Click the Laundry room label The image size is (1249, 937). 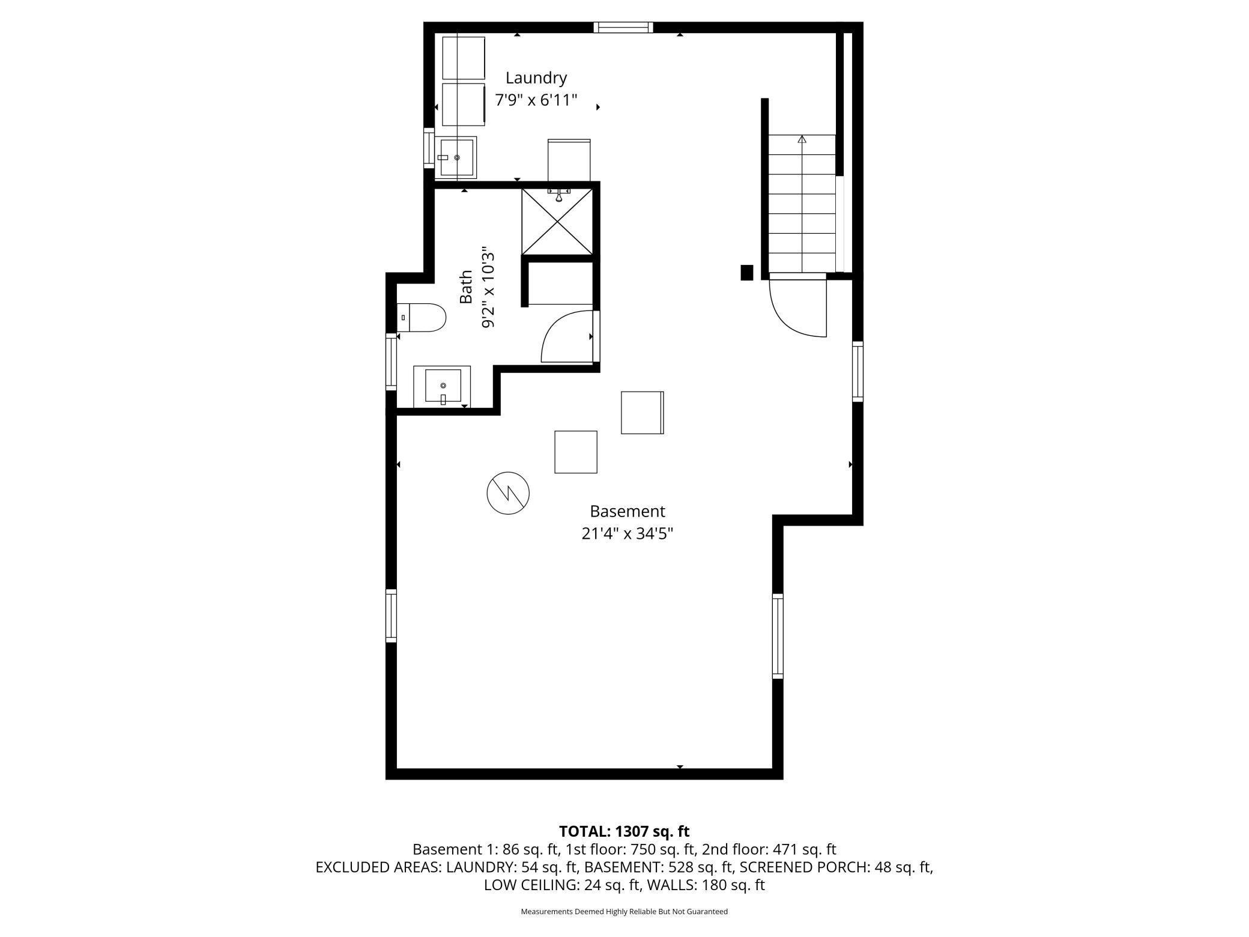pos(536,79)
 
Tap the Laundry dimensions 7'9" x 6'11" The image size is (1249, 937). pos(536,100)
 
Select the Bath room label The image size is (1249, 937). pos(466,287)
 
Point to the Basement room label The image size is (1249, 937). pos(628,511)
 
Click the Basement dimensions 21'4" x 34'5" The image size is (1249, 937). pos(628,533)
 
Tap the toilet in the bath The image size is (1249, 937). pos(422,317)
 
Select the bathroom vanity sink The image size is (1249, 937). pos(443,386)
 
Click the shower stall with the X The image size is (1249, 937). pos(558,220)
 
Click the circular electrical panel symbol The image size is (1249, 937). pos(508,493)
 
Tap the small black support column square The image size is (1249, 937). pos(746,273)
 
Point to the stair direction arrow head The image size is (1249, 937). pos(802,139)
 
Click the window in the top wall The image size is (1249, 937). pos(623,27)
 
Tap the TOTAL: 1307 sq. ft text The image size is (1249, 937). pos(624,831)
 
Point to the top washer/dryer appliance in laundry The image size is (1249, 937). pos(464,58)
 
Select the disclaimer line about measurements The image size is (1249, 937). pos(624,911)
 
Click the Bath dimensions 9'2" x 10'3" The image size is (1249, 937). pos(488,286)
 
